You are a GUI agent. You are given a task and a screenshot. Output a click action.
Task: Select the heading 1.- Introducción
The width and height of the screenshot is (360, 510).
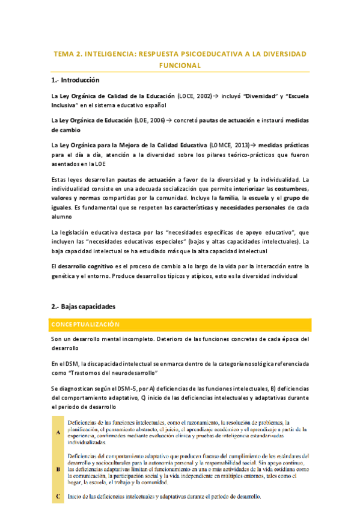75,81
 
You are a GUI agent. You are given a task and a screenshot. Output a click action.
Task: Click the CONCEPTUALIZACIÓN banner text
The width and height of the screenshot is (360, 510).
86,325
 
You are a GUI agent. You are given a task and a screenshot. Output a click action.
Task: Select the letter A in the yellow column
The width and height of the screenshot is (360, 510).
58,432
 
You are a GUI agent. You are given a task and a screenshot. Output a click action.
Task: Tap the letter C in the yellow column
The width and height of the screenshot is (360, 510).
58,497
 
